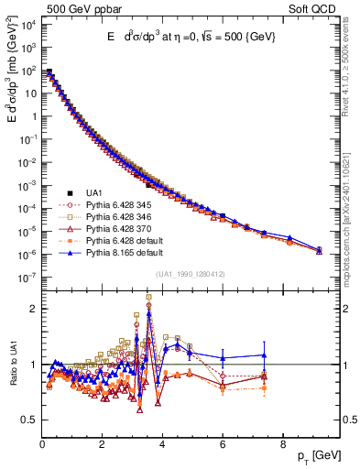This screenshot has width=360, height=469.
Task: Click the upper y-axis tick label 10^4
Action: point(27,24)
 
